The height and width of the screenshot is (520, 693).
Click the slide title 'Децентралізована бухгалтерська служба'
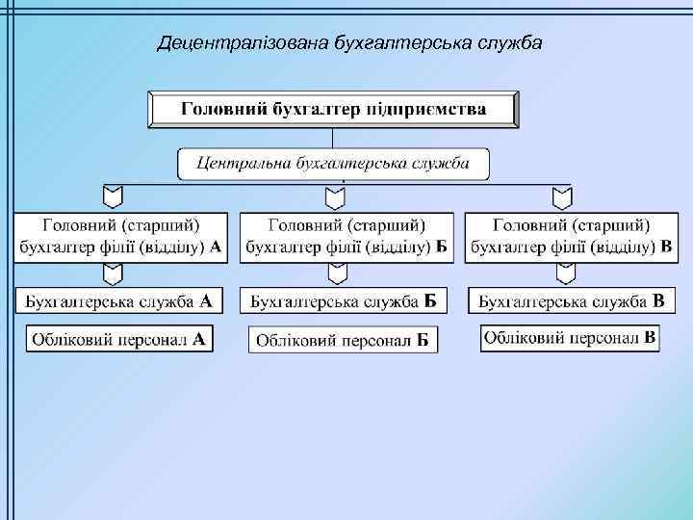coord(350,43)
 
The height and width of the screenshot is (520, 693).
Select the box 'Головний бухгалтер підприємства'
coord(333,109)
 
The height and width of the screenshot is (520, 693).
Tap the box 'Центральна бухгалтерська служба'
coord(333,163)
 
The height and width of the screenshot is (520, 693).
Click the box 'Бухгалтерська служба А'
coord(119,301)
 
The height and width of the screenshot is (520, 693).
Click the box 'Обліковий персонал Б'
coord(344,341)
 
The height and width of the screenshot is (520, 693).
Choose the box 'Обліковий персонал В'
coord(571,339)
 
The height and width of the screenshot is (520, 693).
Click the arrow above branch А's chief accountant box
coord(113,197)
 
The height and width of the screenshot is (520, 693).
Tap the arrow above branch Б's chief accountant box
coord(335,197)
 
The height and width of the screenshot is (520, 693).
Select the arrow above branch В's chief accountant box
coord(562,197)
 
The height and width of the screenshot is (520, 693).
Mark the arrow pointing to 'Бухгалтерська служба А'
coord(113,274)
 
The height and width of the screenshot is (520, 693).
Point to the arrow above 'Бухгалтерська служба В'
coord(562,274)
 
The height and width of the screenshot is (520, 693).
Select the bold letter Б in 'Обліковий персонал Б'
coord(423,341)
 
